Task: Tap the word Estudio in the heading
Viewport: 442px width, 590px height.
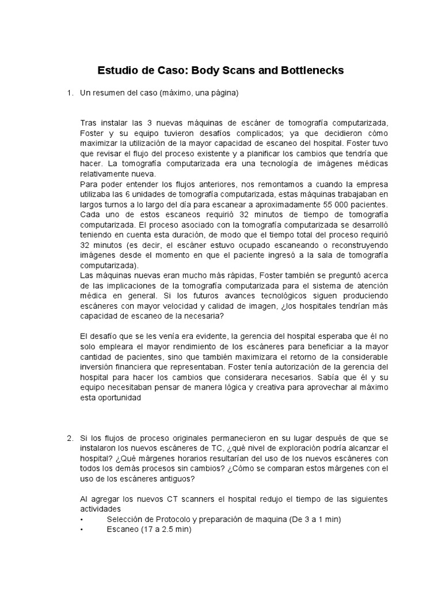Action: (119, 71)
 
